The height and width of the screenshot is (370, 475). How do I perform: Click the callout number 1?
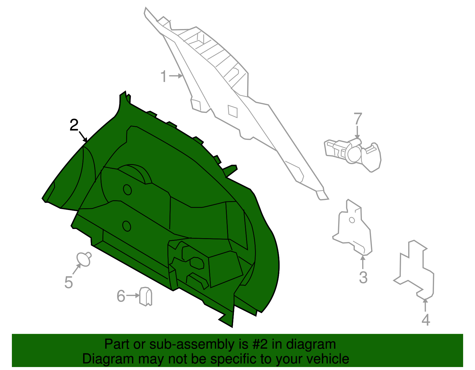point(164,76)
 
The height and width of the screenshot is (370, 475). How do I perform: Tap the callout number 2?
point(74,125)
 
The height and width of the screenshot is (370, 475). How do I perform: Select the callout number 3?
point(363,277)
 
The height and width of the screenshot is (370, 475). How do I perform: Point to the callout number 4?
point(426,320)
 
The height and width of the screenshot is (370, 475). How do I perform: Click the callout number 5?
point(68,282)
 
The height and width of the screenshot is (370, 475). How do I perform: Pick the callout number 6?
point(121,296)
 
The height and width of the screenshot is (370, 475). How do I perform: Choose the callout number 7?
point(358,118)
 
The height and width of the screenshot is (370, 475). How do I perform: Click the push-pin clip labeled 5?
point(84,259)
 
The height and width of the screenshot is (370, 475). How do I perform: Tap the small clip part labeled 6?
point(145,296)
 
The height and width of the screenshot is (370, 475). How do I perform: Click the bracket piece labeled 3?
point(352,228)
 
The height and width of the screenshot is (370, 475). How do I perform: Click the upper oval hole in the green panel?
point(127,190)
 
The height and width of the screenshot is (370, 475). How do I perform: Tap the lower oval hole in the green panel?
point(126,226)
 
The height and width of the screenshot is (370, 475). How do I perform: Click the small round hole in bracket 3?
point(352,220)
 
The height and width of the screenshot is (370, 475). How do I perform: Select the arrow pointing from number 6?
point(133,295)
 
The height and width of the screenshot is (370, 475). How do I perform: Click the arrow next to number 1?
point(176,76)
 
